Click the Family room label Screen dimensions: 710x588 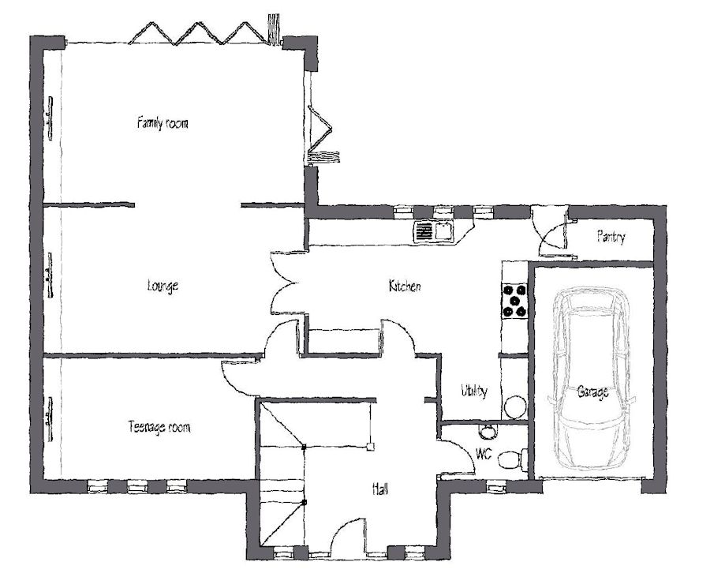coord(163,123)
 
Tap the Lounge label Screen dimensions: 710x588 coord(163,286)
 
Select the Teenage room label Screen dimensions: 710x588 coord(159,427)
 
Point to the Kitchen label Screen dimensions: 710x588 coord(405,286)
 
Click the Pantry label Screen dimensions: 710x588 coord(611,237)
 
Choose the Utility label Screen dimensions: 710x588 coord(474,390)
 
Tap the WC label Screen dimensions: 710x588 coord(484,454)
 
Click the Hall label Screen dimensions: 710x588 coord(380,489)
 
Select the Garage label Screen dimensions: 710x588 coord(592,391)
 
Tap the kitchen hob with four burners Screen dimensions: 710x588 coord(515,301)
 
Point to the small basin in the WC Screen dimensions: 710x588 coord(488,432)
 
